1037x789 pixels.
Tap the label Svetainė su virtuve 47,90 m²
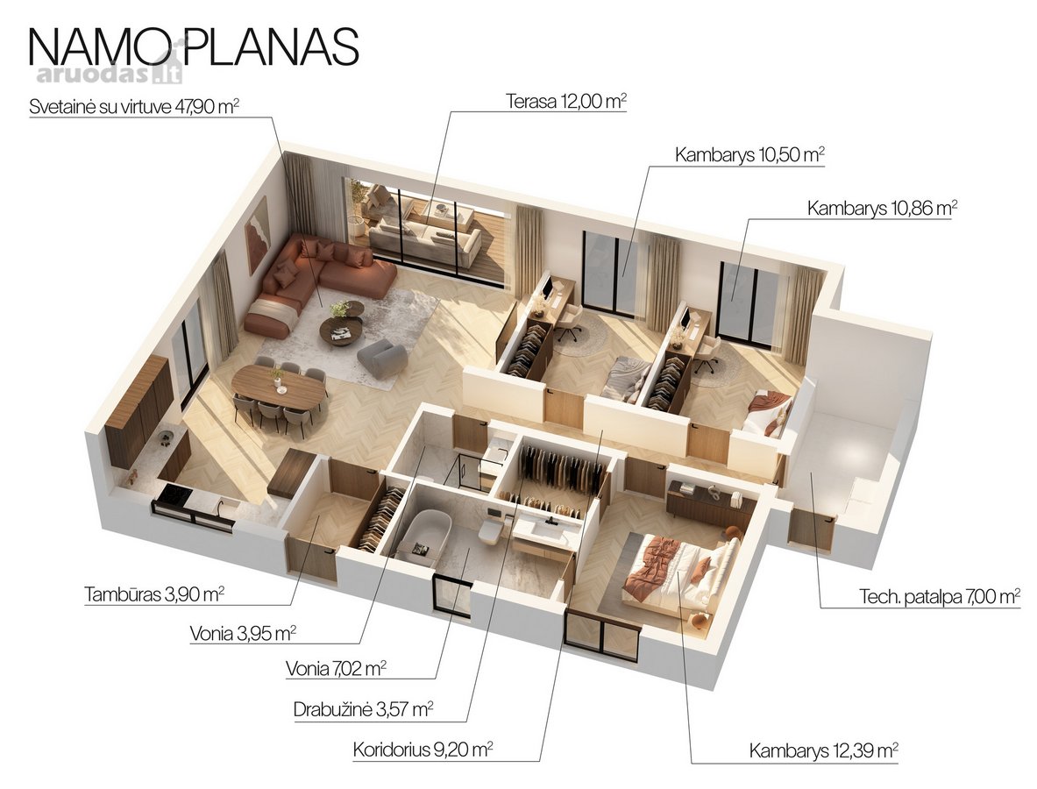[134, 106]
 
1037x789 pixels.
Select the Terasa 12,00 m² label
[566, 101]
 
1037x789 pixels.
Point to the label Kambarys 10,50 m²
[749, 155]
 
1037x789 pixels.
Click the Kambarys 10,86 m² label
[882, 209]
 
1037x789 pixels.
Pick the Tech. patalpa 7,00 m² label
[940, 596]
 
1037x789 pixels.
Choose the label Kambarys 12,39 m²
[823, 750]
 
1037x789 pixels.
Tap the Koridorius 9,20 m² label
[423, 750]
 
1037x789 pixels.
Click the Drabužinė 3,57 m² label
[363, 709]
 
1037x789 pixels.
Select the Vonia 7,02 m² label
[336, 669]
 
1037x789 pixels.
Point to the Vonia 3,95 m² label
[243, 634]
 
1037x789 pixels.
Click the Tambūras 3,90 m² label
[154, 594]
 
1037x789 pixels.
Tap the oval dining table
[279, 387]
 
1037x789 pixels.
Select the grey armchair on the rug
[381, 358]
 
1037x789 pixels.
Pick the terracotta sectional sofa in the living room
[311, 281]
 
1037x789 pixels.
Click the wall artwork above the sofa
[257, 235]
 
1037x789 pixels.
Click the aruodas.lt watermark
[109, 75]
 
